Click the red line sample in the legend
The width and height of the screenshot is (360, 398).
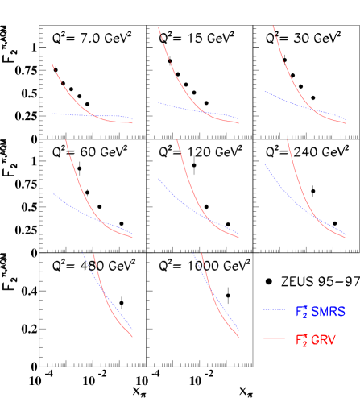point(274,339)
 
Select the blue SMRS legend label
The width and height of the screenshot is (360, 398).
point(320,311)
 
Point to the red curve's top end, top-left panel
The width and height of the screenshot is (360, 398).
point(52,64)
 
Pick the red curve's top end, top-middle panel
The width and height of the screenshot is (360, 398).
point(159,27)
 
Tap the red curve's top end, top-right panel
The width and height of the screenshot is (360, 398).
point(274,26)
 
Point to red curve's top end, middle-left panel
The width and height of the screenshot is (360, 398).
point(66,140)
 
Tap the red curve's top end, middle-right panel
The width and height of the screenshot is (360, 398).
point(288,140)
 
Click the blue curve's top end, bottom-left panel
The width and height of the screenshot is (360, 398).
point(84,254)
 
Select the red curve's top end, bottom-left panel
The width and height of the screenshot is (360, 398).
point(94,254)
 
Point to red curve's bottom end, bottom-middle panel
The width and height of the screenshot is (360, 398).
point(239,338)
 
